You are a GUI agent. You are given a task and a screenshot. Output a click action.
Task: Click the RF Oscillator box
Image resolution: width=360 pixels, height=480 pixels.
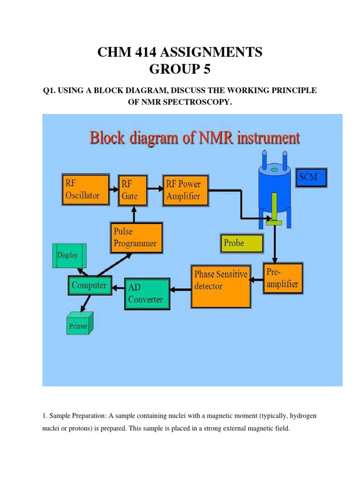[85, 189]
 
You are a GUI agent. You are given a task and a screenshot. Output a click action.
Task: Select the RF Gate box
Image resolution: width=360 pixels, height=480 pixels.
[134, 189]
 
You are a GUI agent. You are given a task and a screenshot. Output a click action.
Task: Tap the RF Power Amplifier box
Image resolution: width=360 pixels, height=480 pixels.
[184, 190]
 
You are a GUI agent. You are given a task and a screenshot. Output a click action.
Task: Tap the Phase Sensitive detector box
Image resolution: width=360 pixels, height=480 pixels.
[220, 286]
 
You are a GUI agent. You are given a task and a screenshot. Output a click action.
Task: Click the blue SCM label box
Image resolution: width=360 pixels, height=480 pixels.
[312, 179]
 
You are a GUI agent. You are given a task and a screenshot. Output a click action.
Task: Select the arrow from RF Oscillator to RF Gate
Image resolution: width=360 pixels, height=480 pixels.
[113, 189]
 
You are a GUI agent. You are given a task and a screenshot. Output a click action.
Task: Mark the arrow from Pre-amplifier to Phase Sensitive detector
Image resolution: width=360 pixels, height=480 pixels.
[256, 280]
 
